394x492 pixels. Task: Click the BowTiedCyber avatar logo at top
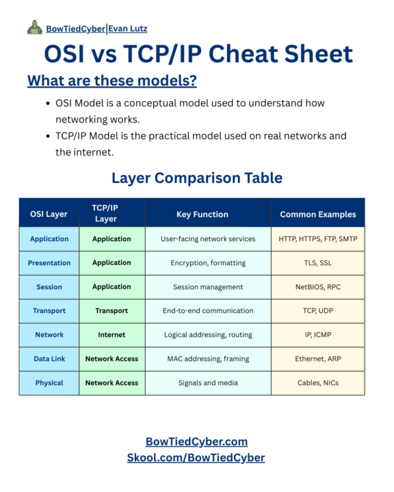point(34,27)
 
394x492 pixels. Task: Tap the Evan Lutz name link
point(127,29)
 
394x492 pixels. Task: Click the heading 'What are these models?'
point(112,81)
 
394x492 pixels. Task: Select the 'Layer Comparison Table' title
point(197,178)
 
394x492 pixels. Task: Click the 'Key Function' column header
point(202,214)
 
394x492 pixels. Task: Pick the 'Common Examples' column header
point(318,214)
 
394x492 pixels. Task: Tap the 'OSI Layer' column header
point(49,214)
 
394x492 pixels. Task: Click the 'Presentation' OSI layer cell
point(49,262)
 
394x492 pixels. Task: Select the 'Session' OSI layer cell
point(49,287)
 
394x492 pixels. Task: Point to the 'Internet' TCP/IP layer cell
point(111,335)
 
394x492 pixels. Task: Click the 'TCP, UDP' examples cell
point(318,311)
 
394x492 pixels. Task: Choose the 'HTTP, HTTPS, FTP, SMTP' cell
point(318,239)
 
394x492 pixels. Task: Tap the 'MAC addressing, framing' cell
point(208,359)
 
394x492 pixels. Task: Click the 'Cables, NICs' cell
point(318,383)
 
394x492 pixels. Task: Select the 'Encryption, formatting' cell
point(208,262)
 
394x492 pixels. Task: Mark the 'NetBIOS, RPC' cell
point(318,287)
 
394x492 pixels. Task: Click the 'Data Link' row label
point(49,359)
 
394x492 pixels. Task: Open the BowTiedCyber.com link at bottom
point(197,441)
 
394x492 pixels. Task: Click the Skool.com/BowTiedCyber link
point(196,458)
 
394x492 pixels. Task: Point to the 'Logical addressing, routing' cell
point(208,335)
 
